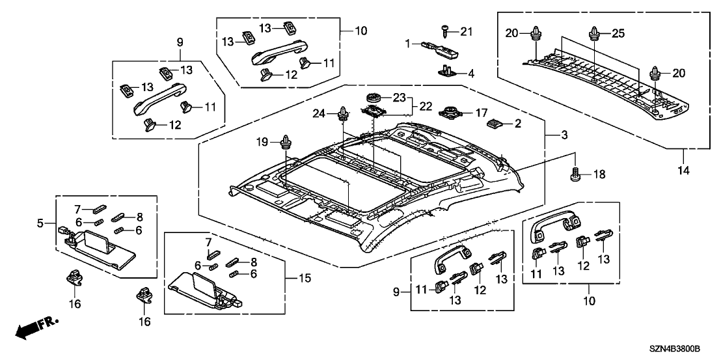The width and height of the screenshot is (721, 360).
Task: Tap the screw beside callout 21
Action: click(x=445, y=31)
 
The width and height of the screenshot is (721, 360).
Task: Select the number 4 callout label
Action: click(x=471, y=73)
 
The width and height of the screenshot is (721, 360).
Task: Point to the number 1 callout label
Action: click(x=407, y=43)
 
